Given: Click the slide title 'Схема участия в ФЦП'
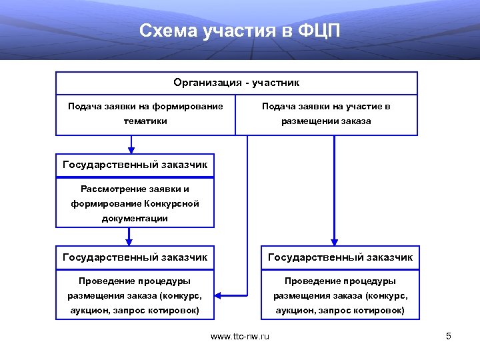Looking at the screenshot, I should [240, 31].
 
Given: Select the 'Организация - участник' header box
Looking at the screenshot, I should [236, 83].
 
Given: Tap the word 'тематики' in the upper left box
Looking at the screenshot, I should [145, 121].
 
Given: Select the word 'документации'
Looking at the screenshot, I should [135, 218].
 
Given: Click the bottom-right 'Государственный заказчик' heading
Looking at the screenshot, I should [340, 257].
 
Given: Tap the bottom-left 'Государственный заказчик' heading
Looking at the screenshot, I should [135, 257].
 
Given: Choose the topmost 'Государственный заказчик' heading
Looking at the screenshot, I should [135, 164].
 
